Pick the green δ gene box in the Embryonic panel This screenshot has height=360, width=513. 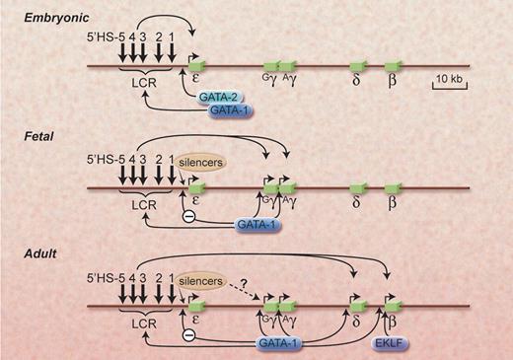(x=355, y=66)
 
